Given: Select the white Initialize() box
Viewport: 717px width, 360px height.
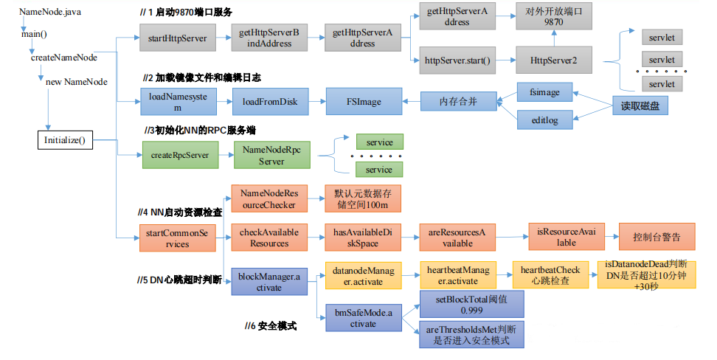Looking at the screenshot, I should click(64, 139).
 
